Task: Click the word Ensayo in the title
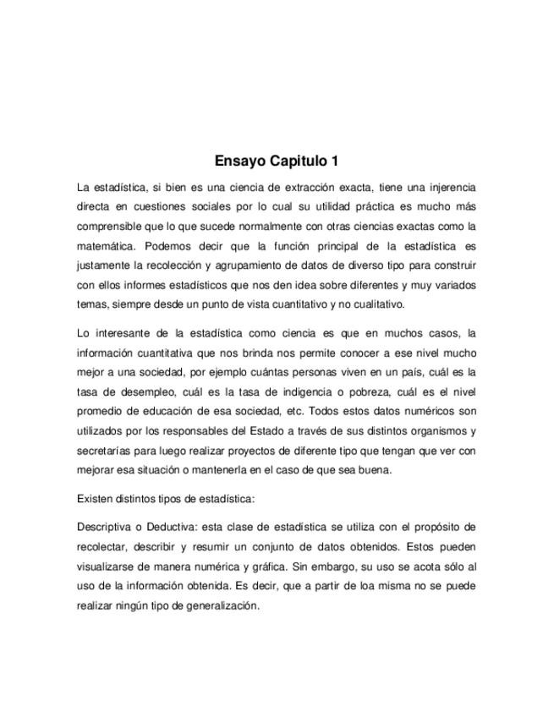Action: point(240,161)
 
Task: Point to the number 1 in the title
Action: point(335,161)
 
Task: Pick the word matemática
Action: point(107,246)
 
